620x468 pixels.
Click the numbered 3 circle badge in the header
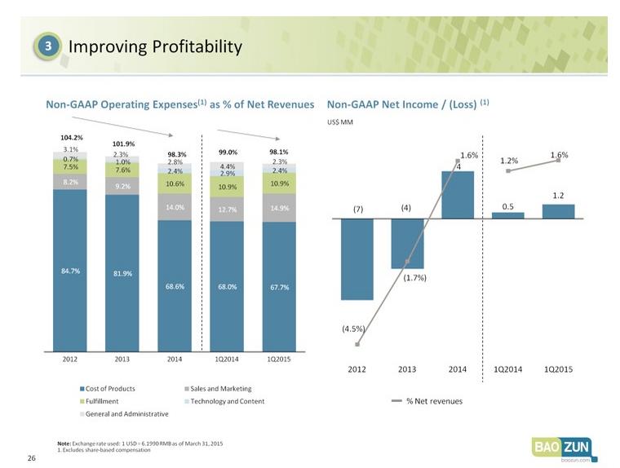47,46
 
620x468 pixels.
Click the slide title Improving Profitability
155,46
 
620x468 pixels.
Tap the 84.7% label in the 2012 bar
70,271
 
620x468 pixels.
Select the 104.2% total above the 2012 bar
72,138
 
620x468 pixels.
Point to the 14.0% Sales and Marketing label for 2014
175,207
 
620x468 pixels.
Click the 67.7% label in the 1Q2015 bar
280,287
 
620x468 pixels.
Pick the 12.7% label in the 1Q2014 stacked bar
228,210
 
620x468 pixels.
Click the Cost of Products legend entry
107,389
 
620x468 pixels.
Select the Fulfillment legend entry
99,401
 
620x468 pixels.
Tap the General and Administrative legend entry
124,414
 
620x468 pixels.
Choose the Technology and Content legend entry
224,401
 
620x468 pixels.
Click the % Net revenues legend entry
427,401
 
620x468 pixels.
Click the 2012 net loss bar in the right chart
357,259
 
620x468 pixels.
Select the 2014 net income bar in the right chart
458,195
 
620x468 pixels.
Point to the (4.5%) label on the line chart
353,329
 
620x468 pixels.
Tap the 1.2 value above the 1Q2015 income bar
558,196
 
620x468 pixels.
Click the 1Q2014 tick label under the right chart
508,369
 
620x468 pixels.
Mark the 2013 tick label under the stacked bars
122,359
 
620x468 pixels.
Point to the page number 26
32,458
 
